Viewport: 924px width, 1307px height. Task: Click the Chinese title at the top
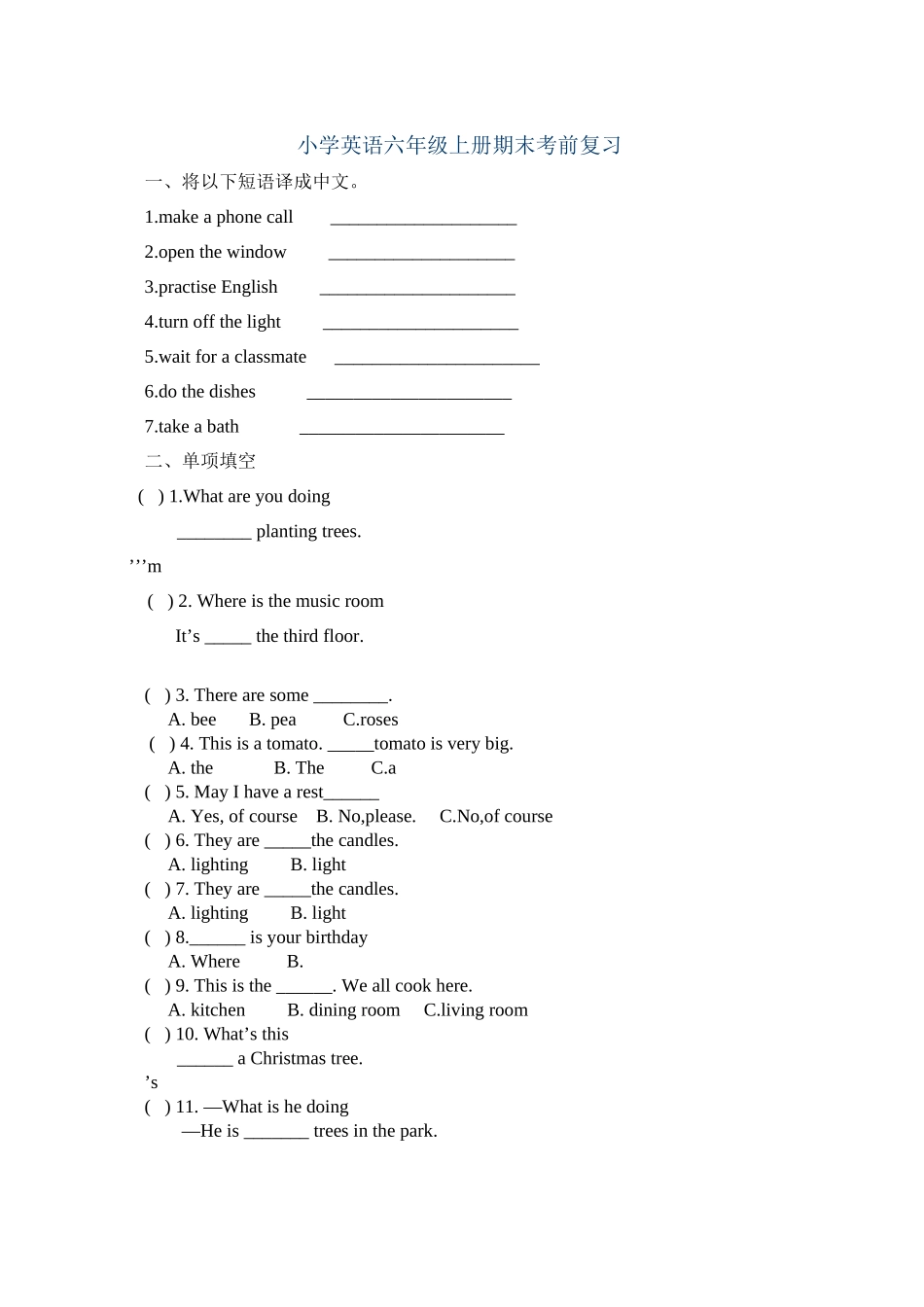[x=459, y=146]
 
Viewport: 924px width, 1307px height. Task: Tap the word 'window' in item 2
[x=257, y=253]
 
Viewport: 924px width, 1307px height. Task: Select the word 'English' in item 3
[x=250, y=288]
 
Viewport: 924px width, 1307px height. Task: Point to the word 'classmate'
[x=270, y=358]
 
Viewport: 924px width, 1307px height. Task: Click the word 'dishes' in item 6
[x=232, y=392]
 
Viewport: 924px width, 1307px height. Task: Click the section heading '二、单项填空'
[x=200, y=461]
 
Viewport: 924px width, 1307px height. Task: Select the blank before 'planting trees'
[x=214, y=535]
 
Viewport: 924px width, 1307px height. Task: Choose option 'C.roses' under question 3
[x=371, y=721]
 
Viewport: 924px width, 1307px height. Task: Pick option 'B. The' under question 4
[x=300, y=768]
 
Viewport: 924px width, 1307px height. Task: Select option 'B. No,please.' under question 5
[x=366, y=817]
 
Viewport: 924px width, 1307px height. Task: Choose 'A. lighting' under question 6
[x=208, y=865]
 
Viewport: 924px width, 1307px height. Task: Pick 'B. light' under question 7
[x=318, y=914]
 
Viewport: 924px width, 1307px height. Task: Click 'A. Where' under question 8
[x=204, y=962]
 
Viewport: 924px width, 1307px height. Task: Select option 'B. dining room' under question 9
[x=343, y=1010]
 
